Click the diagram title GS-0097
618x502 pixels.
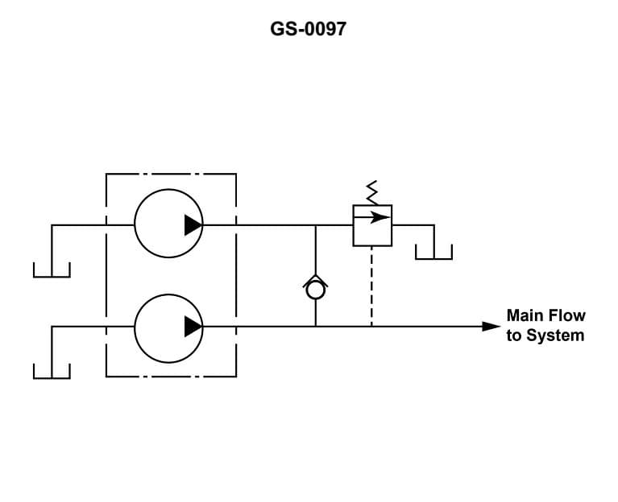(x=309, y=30)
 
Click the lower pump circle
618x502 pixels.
(x=168, y=327)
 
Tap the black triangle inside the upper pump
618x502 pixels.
(x=193, y=225)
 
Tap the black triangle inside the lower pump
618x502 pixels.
(x=193, y=327)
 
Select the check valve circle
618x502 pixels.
(x=315, y=290)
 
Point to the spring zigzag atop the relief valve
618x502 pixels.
(x=372, y=192)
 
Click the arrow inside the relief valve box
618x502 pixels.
(x=372, y=217)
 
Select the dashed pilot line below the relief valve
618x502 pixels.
(x=371, y=286)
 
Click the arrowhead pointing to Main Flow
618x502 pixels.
(x=491, y=327)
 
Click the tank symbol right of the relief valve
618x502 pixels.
(x=433, y=253)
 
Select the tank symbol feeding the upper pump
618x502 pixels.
(x=52, y=270)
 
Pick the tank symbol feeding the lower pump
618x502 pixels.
(x=52, y=371)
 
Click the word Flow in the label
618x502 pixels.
(x=566, y=315)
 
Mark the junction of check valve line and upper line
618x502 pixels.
(x=315, y=225)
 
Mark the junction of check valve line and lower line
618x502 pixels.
(x=315, y=327)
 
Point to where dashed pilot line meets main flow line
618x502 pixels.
(x=371, y=327)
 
